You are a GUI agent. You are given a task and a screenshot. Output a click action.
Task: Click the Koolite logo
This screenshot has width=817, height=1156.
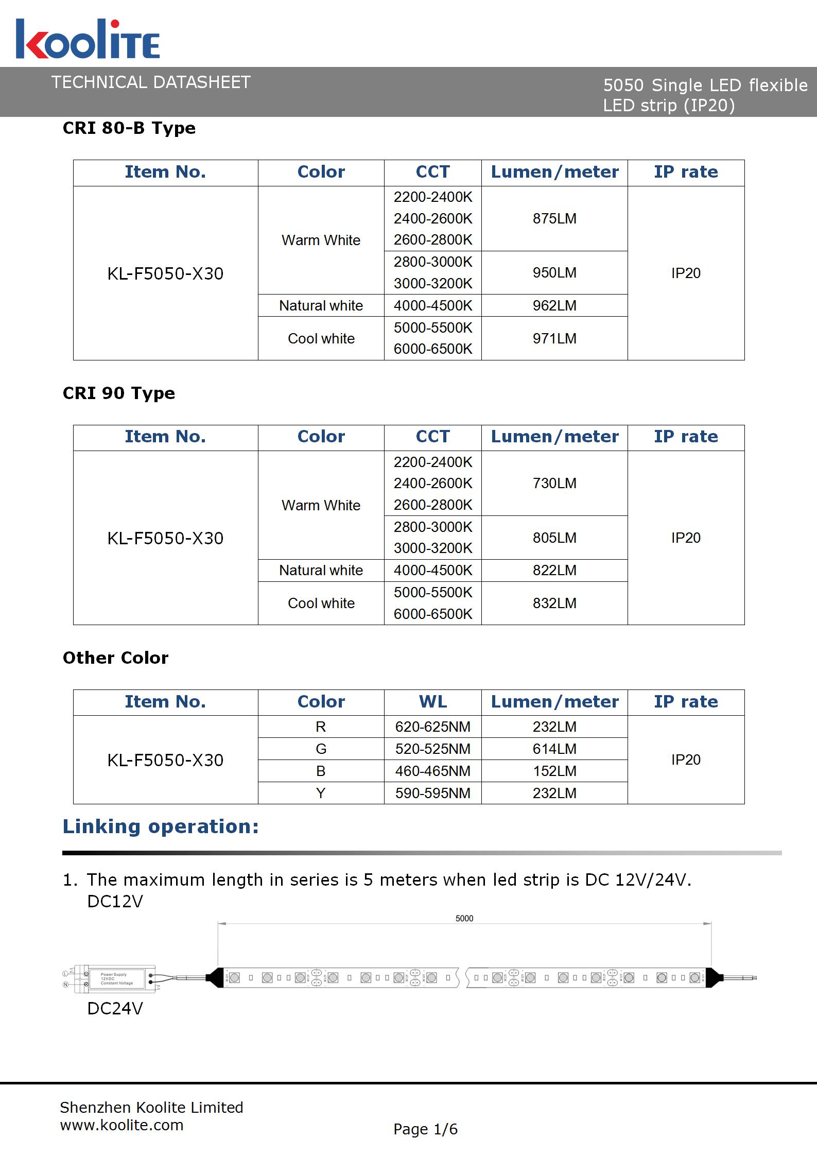pyautogui.click(x=88, y=39)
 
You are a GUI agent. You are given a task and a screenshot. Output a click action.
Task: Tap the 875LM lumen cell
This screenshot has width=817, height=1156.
pyautogui.click(x=554, y=218)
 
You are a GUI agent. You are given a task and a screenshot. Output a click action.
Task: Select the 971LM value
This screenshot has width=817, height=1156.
pyautogui.click(x=554, y=338)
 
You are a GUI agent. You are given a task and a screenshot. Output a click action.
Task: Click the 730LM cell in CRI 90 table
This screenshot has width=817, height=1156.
pyautogui.click(x=554, y=483)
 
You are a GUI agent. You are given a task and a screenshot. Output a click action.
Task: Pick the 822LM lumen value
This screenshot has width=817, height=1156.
pyautogui.click(x=554, y=570)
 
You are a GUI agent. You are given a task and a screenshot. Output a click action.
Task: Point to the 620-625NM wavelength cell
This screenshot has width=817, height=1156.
pyautogui.click(x=432, y=727)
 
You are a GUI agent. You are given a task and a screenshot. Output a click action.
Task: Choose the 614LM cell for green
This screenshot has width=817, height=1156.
pyautogui.click(x=554, y=749)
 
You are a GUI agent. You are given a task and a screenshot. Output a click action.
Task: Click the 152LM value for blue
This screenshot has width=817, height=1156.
pyautogui.click(x=554, y=771)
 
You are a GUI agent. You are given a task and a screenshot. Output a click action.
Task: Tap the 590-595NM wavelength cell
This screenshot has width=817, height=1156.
pyautogui.click(x=432, y=793)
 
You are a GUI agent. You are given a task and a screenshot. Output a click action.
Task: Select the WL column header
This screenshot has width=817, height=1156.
pyautogui.click(x=432, y=701)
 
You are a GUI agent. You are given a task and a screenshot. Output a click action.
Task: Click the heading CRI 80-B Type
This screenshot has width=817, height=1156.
pyautogui.click(x=129, y=128)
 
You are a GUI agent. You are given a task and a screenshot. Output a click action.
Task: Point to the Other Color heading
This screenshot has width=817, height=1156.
pyautogui.click(x=115, y=658)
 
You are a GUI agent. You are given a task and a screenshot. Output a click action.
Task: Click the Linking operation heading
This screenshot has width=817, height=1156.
pyautogui.click(x=161, y=826)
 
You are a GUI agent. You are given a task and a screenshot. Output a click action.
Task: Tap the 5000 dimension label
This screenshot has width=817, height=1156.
pyautogui.click(x=464, y=918)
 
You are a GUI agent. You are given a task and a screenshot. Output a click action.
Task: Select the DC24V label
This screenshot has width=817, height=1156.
pyautogui.click(x=115, y=1008)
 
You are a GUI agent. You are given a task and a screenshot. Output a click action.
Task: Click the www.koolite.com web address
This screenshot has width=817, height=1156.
pyautogui.click(x=121, y=1125)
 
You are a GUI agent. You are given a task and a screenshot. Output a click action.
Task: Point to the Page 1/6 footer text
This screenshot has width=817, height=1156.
pyautogui.click(x=425, y=1129)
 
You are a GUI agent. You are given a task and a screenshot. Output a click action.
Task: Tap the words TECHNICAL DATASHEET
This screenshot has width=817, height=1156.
pyautogui.click(x=151, y=82)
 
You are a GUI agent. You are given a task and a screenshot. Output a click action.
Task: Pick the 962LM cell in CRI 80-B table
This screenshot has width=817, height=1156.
pyautogui.click(x=554, y=305)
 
